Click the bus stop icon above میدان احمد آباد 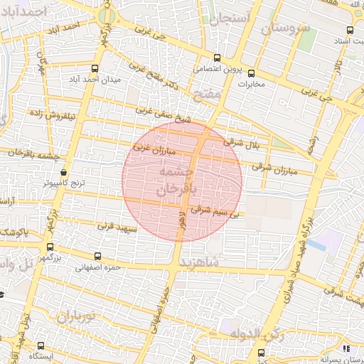(x=95, y=69)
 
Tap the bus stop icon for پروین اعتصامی (x=217, y=58)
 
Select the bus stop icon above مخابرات (x=250, y=73)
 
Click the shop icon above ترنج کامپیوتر (x=63, y=172)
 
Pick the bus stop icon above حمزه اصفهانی (x=97, y=256)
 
